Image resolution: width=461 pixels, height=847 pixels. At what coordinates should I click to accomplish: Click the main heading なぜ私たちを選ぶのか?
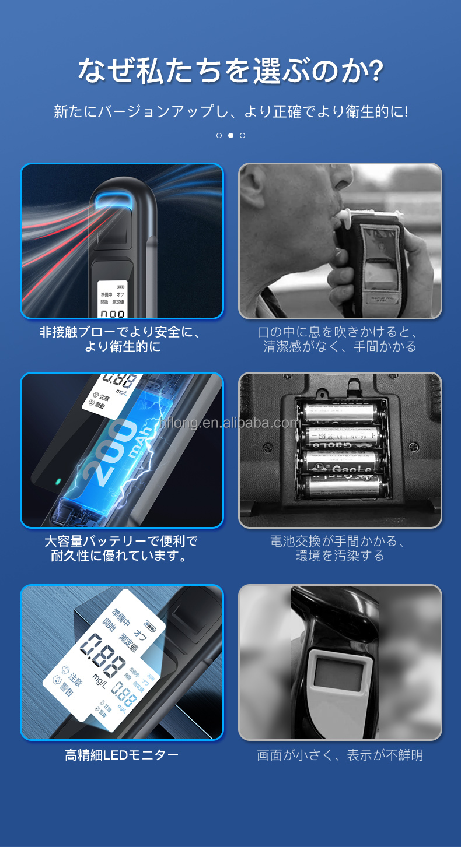point(230,71)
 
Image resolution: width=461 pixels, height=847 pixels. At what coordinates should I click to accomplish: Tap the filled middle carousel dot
point(230,135)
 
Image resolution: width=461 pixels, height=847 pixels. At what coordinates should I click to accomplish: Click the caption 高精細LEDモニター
point(121,755)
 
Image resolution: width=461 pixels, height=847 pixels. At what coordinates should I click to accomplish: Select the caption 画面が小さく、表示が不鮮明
point(340,755)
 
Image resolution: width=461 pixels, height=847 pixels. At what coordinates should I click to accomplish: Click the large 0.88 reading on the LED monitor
point(104,652)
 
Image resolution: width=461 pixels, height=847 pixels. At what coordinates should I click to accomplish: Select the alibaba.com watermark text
point(230,423)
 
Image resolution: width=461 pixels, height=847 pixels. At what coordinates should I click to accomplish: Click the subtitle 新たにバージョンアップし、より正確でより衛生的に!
point(230,111)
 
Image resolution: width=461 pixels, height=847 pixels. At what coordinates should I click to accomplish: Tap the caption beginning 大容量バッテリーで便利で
point(121,549)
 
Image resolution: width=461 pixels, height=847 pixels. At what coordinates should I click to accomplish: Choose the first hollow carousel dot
point(219,135)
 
